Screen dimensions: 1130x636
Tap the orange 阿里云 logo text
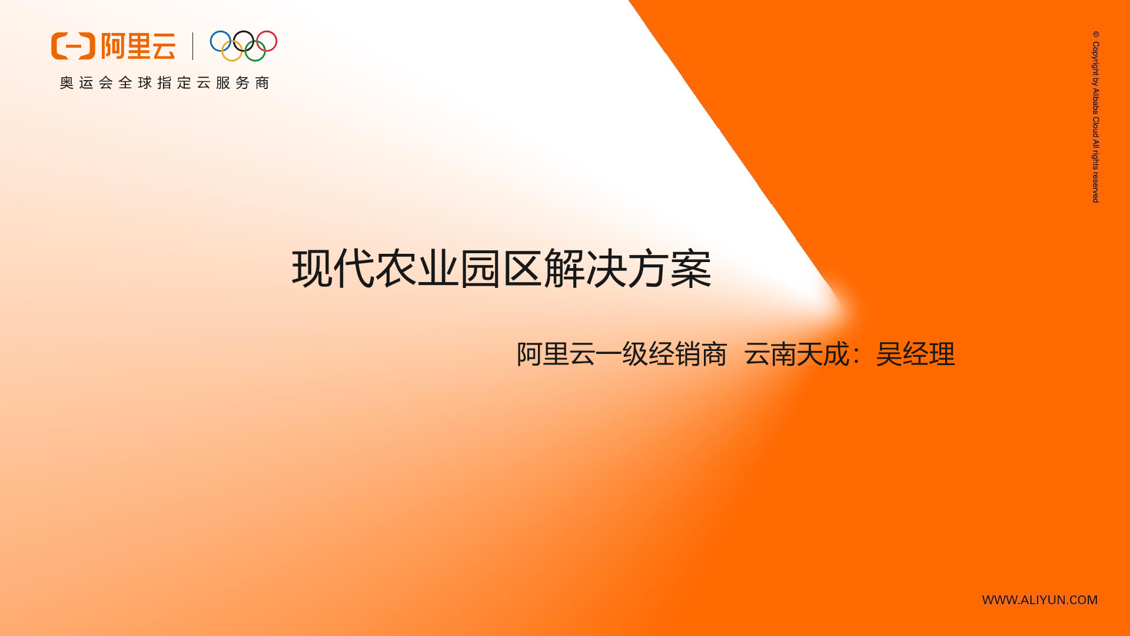coord(138,46)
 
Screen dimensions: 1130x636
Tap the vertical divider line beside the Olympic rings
coord(192,46)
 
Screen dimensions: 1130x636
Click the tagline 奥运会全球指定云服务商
coord(164,83)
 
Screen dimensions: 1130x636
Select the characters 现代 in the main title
coord(333,269)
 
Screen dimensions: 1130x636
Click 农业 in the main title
coord(417,269)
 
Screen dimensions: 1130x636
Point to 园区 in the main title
coord(501,269)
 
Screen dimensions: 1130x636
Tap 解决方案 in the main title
coord(627,269)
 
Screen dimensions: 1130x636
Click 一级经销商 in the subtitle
coord(662,355)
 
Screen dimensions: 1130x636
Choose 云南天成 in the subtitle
coord(797,355)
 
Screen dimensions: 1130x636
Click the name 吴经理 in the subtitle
coord(915,355)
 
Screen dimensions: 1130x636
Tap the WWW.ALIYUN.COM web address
coord(1040,600)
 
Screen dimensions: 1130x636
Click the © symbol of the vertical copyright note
coord(1096,34)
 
